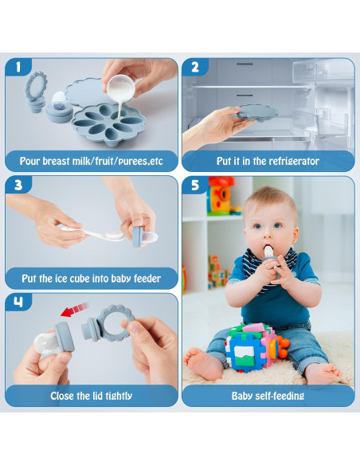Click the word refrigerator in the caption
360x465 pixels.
(290, 161)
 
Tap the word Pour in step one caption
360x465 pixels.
(33, 161)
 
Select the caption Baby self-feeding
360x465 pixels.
(268, 396)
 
